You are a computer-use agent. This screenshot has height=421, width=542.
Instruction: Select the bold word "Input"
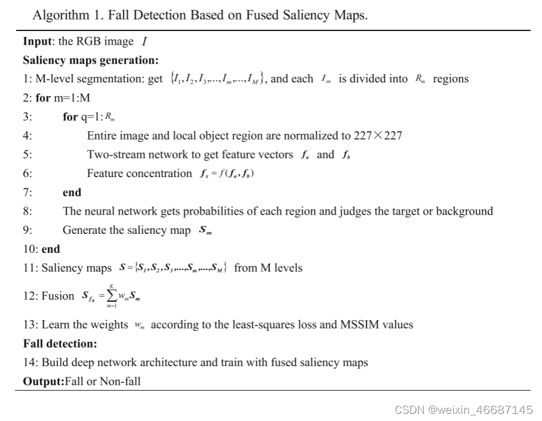tap(37, 41)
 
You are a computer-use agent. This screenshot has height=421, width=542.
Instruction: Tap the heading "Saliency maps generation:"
tap(91, 60)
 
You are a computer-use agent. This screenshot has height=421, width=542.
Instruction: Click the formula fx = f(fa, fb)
tap(228, 174)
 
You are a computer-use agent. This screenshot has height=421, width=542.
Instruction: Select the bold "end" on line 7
tap(72, 192)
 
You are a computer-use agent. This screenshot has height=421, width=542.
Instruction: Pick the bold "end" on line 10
tap(51, 249)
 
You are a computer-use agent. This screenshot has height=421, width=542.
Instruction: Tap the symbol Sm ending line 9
tap(205, 230)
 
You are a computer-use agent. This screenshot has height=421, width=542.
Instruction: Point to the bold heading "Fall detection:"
tap(60, 343)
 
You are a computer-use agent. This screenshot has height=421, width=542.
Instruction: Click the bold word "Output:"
tap(43, 380)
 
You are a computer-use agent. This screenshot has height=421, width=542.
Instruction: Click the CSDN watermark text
tap(464, 410)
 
